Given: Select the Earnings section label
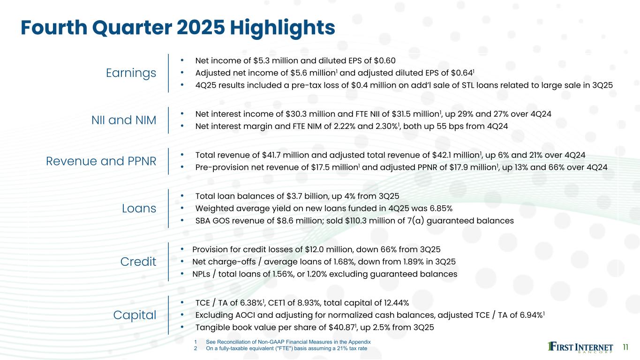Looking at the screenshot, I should click(x=131, y=73).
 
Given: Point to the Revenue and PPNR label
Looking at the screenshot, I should click(x=101, y=161).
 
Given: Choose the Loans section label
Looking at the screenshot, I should click(x=139, y=208).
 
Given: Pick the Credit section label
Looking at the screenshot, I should click(x=138, y=262).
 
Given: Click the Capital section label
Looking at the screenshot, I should click(x=135, y=315).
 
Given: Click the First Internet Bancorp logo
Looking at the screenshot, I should click(x=580, y=347).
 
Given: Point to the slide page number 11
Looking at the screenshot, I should click(x=625, y=347).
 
